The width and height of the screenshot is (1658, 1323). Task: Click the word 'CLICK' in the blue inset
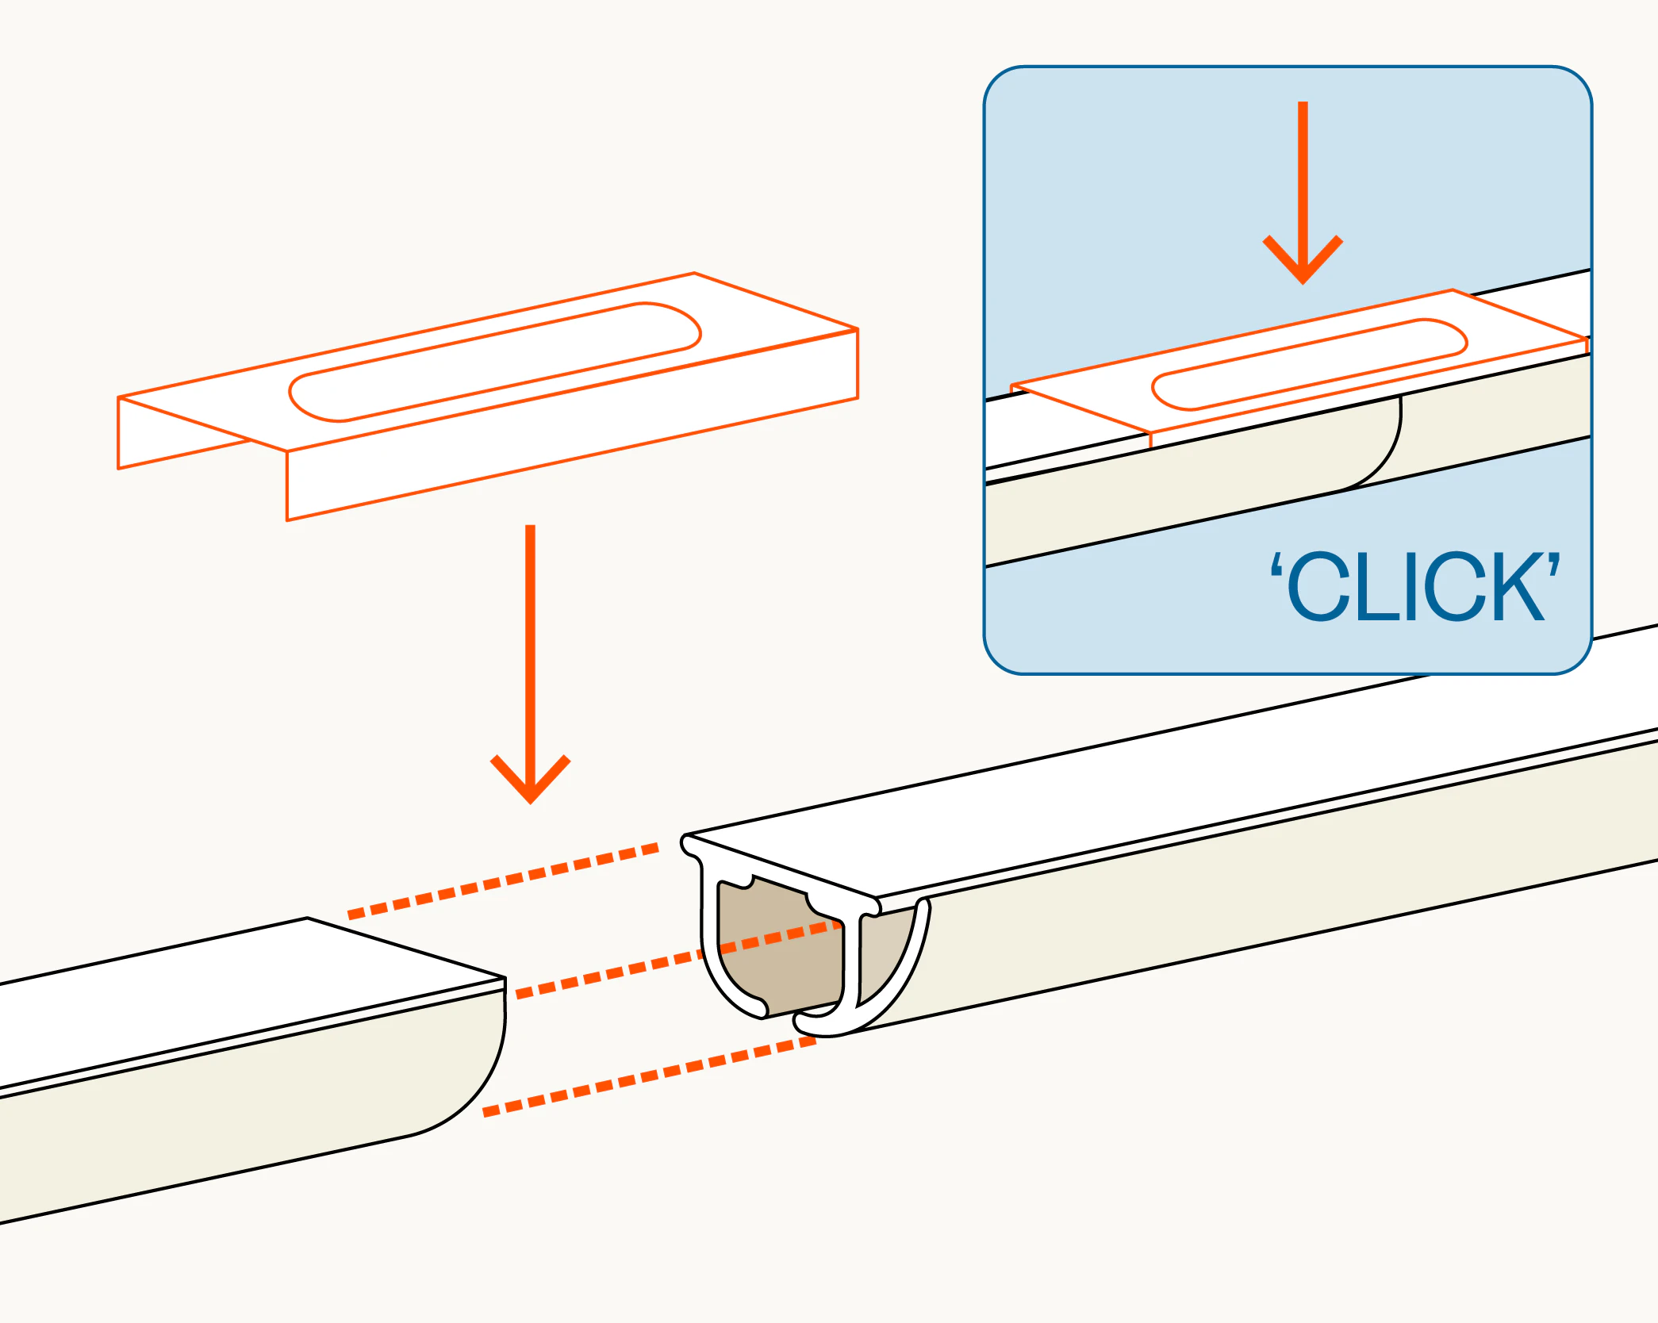coord(1415,586)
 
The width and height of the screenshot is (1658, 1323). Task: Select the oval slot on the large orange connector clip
coord(495,362)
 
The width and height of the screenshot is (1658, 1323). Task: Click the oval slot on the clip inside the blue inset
coord(1310,364)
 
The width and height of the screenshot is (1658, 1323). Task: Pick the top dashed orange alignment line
coord(503,881)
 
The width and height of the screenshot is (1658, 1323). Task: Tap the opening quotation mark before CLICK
coord(1276,564)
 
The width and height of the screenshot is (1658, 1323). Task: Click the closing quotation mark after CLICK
coord(1554,564)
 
